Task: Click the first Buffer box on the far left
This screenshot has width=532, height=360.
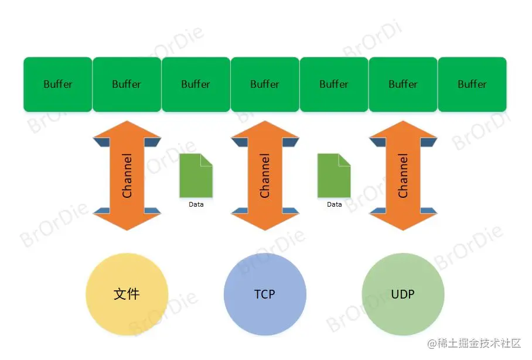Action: (x=57, y=84)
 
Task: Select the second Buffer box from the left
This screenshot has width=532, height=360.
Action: (x=127, y=84)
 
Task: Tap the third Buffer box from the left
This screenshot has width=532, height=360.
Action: (x=196, y=84)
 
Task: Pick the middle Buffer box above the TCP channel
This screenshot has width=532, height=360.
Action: (x=265, y=84)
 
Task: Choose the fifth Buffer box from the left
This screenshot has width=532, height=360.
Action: (x=334, y=84)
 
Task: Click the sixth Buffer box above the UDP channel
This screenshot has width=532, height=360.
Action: (x=403, y=84)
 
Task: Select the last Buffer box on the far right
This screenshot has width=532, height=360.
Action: (x=472, y=84)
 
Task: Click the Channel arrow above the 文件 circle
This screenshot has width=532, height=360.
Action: (x=127, y=176)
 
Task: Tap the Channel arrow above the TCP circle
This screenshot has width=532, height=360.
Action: (x=265, y=176)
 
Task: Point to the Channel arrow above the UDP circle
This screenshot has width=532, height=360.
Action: (x=403, y=176)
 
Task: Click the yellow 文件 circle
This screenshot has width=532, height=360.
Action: (x=127, y=294)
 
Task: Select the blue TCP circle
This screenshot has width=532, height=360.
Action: (x=265, y=294)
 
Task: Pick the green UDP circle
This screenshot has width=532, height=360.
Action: (x=403, y=294)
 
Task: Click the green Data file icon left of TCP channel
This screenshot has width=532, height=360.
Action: (x=196, y=176)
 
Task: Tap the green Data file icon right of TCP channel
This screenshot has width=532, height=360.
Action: (x=334, y=176)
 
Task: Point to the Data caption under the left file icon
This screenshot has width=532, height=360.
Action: (x=196, y=205)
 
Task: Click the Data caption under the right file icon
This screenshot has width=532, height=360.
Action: (x=335, y=205)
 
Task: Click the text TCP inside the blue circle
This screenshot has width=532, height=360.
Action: (x=265, y=294)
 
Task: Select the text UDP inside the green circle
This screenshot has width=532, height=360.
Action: (x=403, y=294)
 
